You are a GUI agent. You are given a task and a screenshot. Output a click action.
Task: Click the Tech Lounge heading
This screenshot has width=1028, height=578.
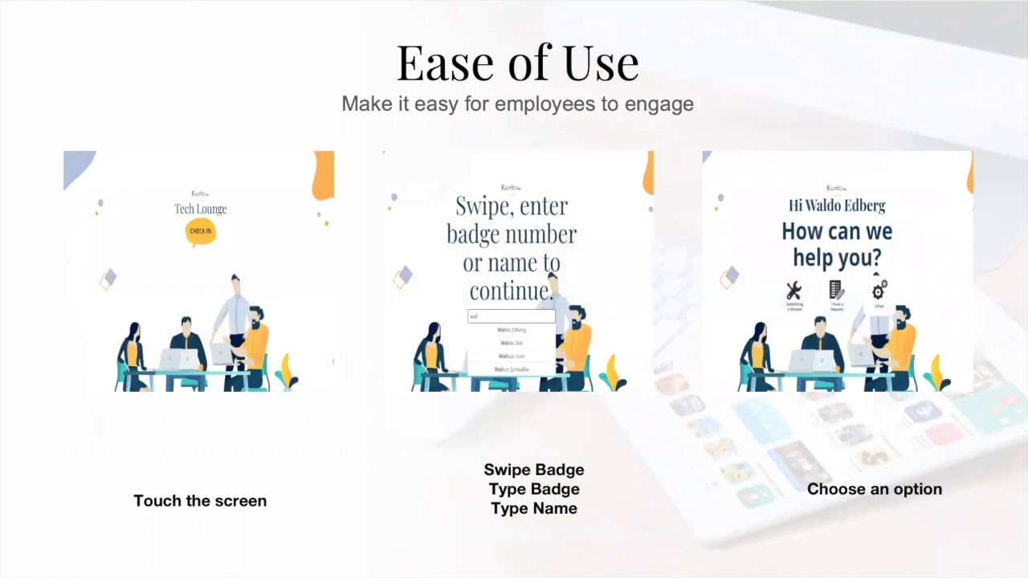[x=200, y=209]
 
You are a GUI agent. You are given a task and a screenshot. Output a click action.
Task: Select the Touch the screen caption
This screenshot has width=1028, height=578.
[x=200, y=501]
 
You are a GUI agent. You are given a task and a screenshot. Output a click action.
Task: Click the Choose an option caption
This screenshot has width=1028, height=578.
[x=874, y=489]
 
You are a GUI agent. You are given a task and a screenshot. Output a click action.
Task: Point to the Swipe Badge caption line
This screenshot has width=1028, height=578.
[x=533, y=470]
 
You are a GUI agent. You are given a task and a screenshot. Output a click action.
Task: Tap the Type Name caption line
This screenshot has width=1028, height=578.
[x=533, y=508]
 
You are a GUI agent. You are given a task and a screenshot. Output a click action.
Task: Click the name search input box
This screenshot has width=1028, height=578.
[x=512, y=316]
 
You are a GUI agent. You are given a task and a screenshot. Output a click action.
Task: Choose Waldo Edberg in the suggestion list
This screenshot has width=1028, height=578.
[x=512, y=330]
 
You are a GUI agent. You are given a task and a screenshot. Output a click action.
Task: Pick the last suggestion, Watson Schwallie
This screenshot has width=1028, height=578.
[x=512, y=369]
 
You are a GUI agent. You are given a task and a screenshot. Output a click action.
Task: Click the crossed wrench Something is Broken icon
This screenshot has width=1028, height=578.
[x=793, y=291]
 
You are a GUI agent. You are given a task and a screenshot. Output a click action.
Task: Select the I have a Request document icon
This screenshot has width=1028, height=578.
[x=836, y=290]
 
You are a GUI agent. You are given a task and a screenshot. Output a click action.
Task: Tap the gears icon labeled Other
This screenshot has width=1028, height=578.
[x=879, y=289]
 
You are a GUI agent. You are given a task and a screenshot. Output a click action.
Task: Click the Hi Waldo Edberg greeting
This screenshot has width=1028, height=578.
[x=837, y=206]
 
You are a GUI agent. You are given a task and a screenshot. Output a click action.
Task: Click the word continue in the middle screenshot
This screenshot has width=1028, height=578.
[x=510, y=291]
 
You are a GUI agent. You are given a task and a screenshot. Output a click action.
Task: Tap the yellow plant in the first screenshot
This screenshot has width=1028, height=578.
[x=287, y=371]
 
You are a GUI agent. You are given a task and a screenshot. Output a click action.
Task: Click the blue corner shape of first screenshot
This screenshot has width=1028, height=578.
[x=77, y=165]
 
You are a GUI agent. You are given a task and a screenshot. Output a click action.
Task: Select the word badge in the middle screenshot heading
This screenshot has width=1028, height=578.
[x=478, y=234]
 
